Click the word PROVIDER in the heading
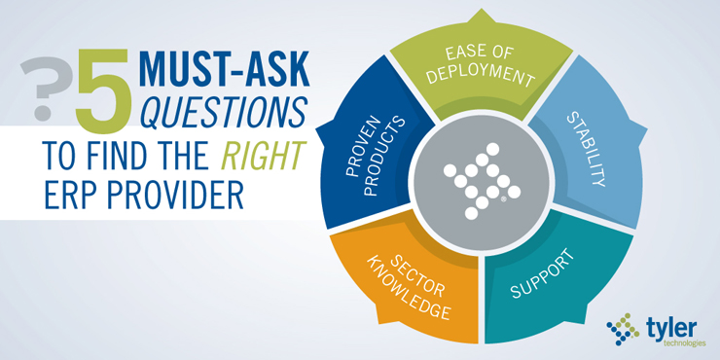(x=169, y=195)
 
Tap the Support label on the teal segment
(x=541, y=275)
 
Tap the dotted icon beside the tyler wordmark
(x=624, y=331)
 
